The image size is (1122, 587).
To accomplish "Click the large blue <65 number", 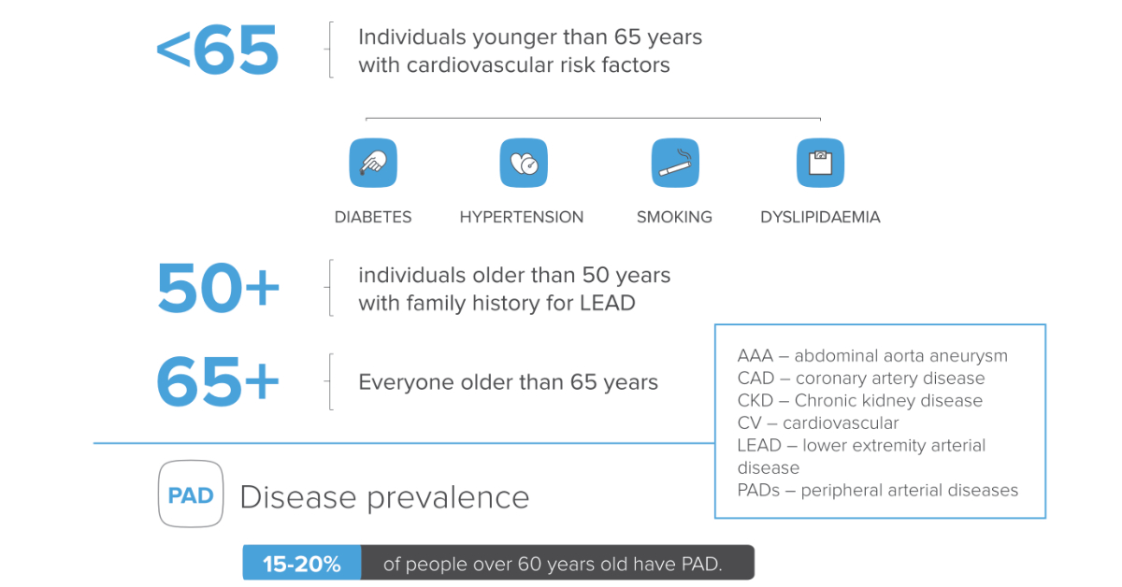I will (217, 50).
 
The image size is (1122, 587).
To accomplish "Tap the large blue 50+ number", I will (217, 288).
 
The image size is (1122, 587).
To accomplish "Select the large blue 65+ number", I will (217, 382).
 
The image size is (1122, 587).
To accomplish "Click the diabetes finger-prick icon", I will (373, 163).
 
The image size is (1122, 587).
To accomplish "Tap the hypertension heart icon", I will (524, 163).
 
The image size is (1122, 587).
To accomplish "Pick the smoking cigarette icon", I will (675, 163).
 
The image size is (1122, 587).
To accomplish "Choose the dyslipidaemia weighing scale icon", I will (820, 163).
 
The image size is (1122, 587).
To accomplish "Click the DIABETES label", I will (373, 217).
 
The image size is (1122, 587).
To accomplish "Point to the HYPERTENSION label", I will (521, 217).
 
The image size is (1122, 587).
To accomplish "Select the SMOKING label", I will (674, 217).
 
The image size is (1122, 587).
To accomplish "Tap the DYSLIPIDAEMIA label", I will (820, 217).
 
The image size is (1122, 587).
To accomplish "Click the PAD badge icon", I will (191, 495).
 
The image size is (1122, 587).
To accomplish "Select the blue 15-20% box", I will (301, 565).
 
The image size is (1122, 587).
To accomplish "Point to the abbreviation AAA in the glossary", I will (755, 356).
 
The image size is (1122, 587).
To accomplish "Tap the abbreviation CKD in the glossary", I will (755, 401).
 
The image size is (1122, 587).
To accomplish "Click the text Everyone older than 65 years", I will (508, 383).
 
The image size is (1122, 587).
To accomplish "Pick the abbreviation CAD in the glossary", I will (755, 379).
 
